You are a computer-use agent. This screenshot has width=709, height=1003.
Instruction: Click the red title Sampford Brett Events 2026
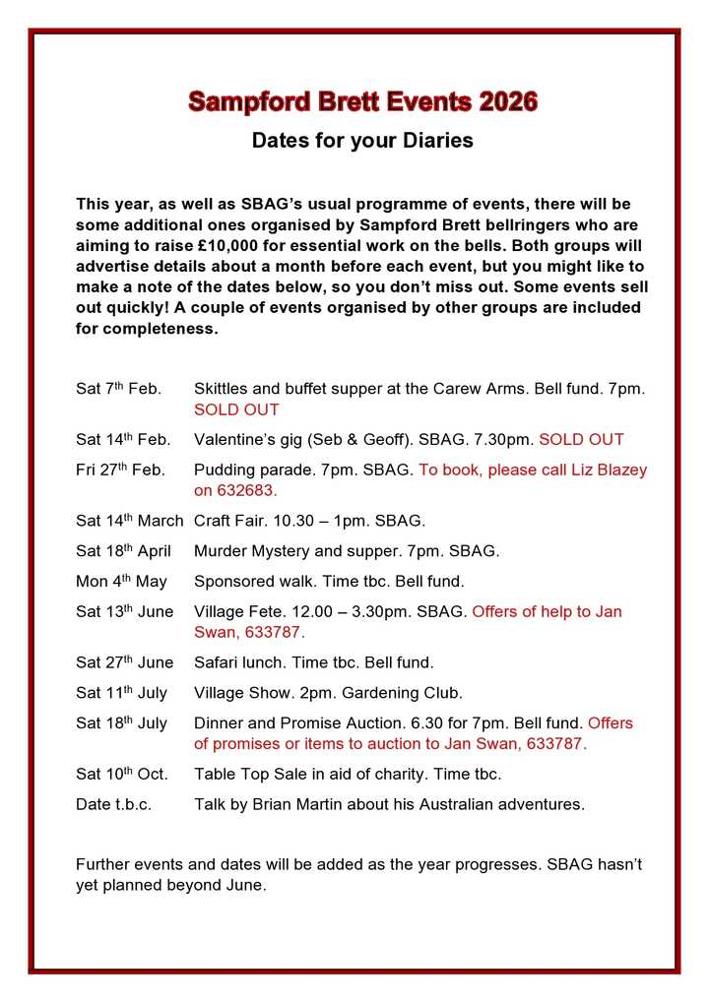point(362,101)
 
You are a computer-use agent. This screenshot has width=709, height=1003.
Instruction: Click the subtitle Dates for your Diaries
point(362,141)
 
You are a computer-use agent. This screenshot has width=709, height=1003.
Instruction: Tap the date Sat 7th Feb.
point(118,389)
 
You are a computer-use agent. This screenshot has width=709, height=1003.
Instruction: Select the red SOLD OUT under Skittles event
point(236,409)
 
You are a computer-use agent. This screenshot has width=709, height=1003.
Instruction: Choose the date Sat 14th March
point(129,521)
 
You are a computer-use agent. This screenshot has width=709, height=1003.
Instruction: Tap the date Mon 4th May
point(121,582)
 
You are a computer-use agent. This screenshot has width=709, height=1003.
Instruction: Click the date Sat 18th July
point(121,723)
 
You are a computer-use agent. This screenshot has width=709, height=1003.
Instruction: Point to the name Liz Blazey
point(607,470)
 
